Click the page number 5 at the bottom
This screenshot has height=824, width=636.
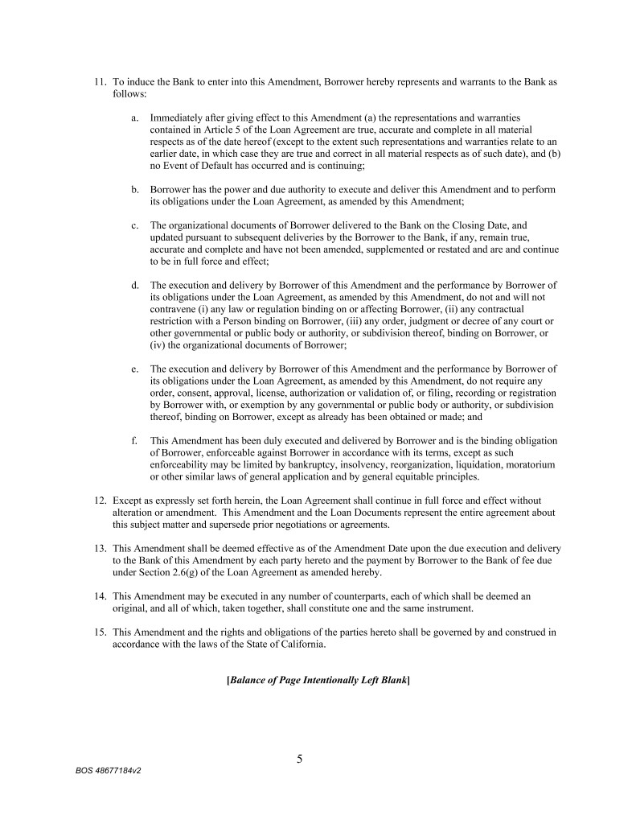(300, 756)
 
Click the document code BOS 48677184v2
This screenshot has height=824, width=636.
(109, 769)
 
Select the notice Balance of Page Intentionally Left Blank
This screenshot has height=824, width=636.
(319, 680)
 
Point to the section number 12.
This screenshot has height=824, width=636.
(101, 501)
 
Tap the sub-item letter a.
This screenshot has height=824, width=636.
(134, 117)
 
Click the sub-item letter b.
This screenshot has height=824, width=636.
(134, 189)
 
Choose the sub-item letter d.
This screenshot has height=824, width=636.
(134, 285)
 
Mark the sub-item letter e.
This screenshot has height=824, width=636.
(134, 369)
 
